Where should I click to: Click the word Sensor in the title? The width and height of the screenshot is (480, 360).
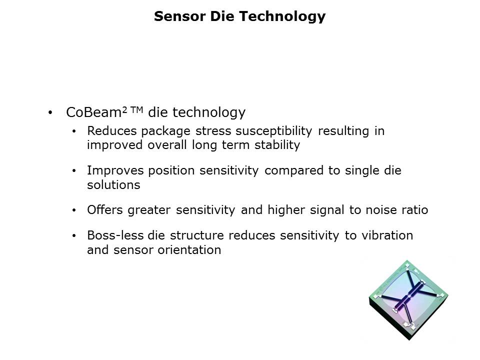coord(179,16)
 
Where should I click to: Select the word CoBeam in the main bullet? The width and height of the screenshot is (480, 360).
coord(93,112)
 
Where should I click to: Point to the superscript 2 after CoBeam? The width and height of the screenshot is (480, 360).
coord(124,110)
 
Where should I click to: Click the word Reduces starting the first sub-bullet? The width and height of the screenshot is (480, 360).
coord(111,131)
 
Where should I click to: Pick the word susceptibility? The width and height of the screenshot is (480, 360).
coord(273,131)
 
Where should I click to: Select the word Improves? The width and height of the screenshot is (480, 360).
coord(115,171)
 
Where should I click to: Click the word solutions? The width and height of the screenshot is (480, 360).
coord(113,185)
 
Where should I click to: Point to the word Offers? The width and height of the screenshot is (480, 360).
coord(104,210)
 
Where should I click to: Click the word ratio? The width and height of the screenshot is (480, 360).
coord(415,210)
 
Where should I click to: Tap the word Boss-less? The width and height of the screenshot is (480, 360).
coord(115,235)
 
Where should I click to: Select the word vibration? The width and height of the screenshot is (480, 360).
coord(387,235)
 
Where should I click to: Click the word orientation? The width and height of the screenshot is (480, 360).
coord(189,250)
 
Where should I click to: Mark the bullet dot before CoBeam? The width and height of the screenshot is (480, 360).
coord(50,112)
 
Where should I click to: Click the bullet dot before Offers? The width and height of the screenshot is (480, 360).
coord(74,210)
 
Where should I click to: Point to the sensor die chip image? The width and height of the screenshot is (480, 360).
coord(408,300)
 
